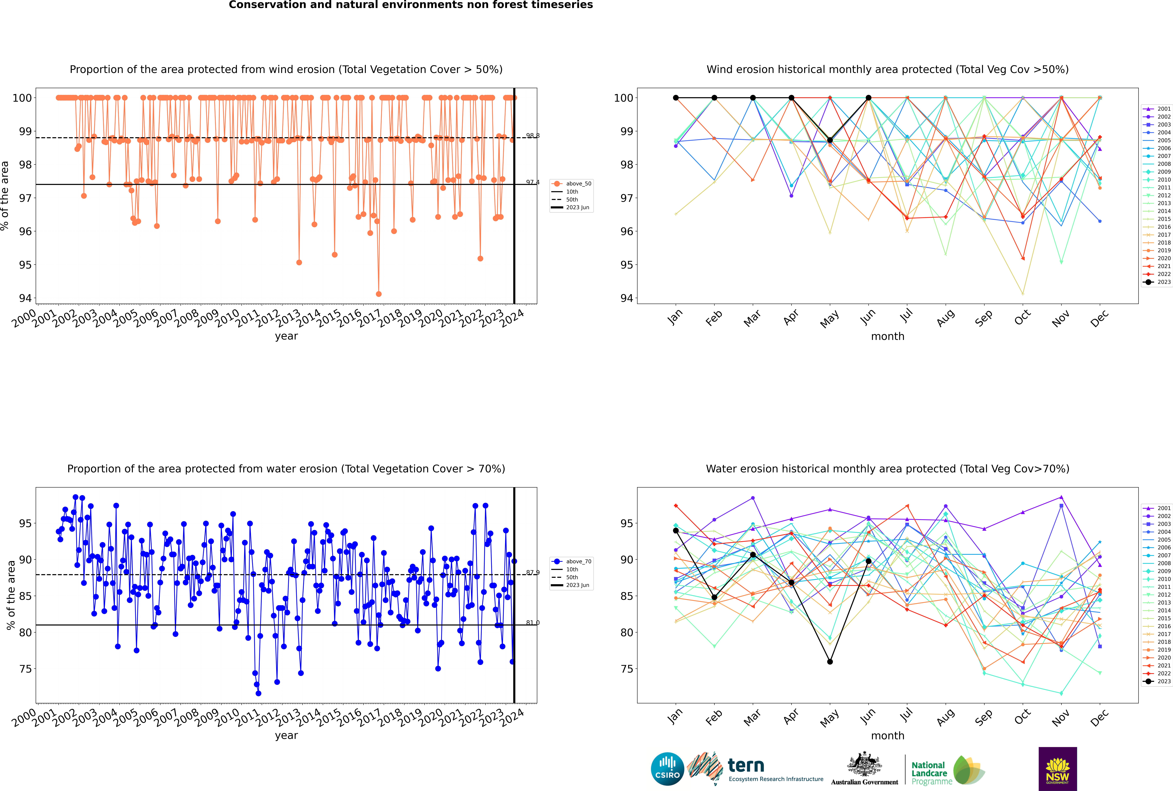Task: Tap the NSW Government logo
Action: [1057, 768]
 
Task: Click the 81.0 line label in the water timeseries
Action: [532, 622]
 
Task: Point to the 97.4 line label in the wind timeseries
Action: [532, 182]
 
